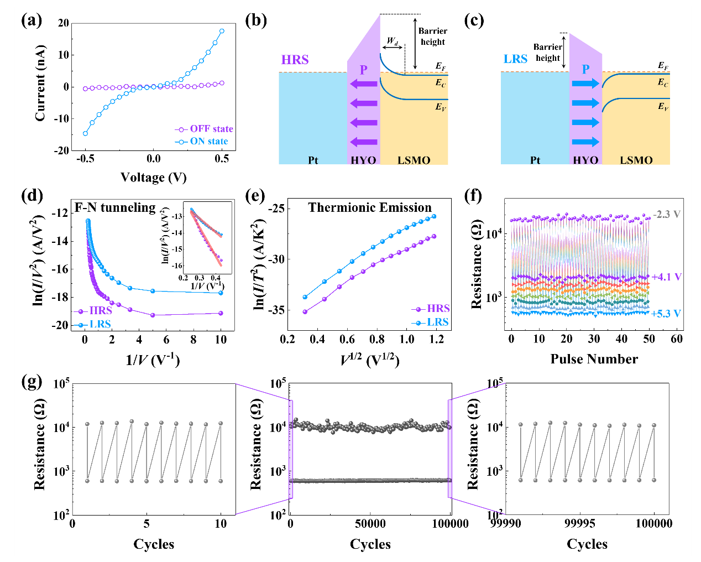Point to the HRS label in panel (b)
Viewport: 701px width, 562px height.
coord(295,60)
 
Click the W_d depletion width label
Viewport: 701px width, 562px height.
coord(393,41)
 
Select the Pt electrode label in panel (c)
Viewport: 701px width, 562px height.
coord(535,160)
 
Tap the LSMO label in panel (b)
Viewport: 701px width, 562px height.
coord(414,160)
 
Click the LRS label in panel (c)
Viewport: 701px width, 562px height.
coord(516,59)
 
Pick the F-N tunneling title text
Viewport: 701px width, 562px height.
coord(115,207)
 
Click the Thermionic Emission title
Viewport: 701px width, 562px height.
coord(370,207)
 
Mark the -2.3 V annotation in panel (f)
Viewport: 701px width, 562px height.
coord(666,214)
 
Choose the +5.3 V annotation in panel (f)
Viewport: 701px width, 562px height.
coord(666,314)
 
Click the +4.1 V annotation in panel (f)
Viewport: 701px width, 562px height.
coord(667,277)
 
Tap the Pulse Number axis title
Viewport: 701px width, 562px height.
coord(594,359)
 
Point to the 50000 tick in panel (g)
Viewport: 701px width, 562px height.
coord(370,524)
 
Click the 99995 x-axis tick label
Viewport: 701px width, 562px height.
coord(588,524)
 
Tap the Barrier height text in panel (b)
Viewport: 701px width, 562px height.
coord(432,37)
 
